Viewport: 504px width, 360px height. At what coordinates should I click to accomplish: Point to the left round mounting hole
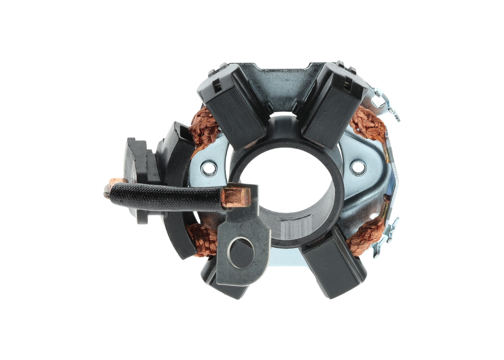coord(208,169)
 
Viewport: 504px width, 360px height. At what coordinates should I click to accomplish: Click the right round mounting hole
coord(358,167)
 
